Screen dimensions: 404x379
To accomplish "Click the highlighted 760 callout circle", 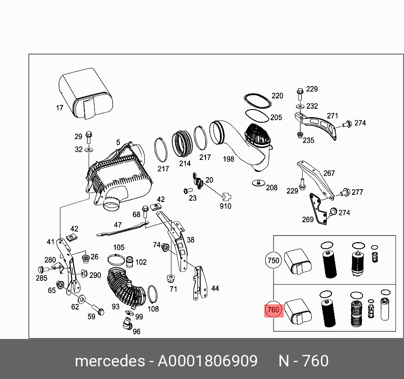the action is tap(273, 311).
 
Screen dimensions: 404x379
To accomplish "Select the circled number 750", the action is tap(274, 261).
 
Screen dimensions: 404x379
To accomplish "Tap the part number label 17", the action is tap(60, 108).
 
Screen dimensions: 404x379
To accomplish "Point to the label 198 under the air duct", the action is tap(228, 159).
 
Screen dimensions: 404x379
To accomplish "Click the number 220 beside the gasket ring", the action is tap(277, 96).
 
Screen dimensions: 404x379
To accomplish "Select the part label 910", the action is tap(225, 206).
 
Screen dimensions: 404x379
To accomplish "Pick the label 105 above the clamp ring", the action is tap(119, 247).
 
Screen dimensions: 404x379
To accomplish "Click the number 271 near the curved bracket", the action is tap(333, 116).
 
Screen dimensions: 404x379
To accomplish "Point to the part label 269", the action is tap(308, 219).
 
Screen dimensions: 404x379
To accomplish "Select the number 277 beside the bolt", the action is tap(357, 192).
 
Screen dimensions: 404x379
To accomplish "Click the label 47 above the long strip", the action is tap(117, 225).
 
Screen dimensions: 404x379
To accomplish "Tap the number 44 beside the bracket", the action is tap(215, 288).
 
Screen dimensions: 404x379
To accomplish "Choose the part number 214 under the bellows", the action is tap(184, 163).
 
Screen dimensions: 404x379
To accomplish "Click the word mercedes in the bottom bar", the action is tap(109, 361).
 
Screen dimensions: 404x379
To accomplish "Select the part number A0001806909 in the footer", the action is tap(207, 361).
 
